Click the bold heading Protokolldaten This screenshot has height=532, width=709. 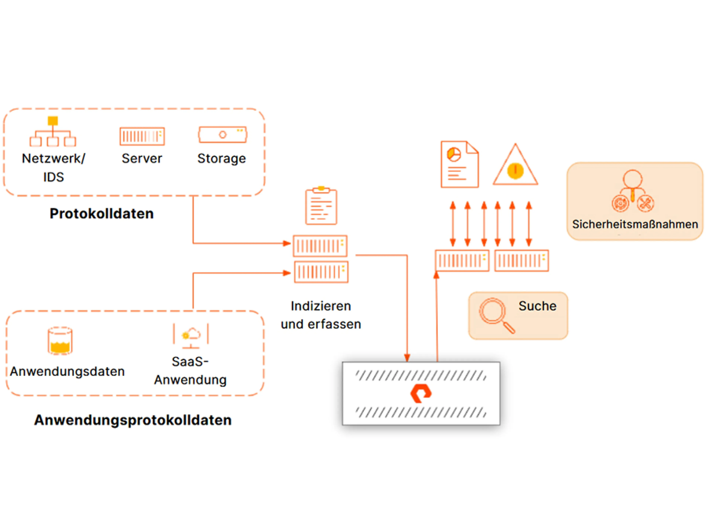[102, 214]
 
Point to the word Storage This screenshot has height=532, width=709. [222, 158]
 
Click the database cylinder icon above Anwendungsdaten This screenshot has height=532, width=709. [60, 341]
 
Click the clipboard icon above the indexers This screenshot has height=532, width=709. [321, 206]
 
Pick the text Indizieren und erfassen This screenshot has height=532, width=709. [321, 315]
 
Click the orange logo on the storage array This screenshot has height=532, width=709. [421, 394]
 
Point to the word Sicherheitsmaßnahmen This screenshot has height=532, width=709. [635, 224]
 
